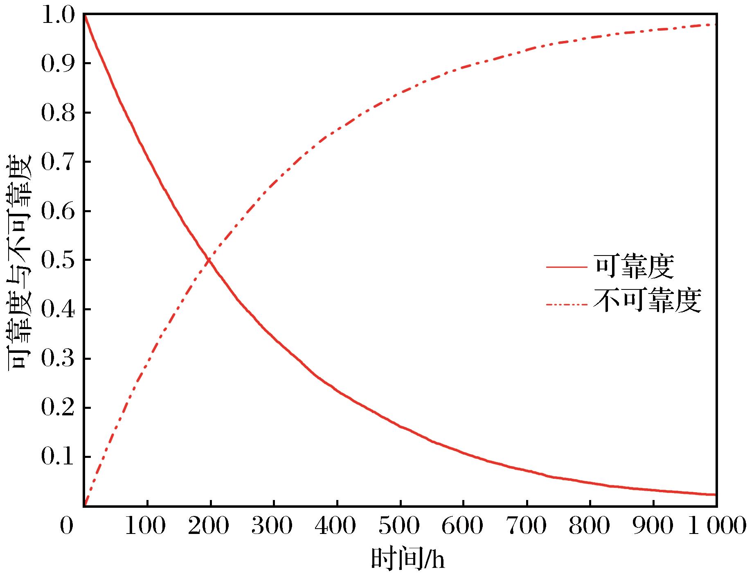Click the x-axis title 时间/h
407,559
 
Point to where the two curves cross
209,259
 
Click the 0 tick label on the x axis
67,526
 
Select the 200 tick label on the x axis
209,526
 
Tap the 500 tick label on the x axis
399,526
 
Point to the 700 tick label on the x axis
526,526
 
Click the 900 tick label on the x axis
653,526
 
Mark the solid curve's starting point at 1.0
84,15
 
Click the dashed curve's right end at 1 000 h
715,25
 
